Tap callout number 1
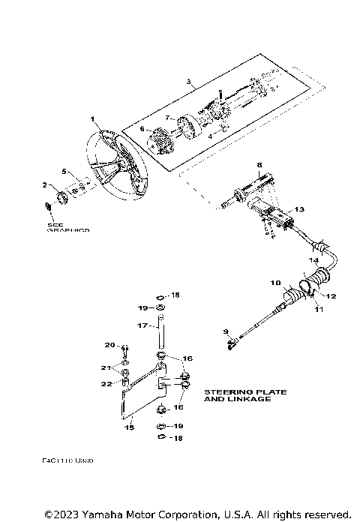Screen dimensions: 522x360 (92, 119)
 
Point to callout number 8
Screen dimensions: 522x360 (259, 164)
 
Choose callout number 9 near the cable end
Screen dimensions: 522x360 (226, 331)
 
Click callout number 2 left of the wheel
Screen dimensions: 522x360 (44, 184)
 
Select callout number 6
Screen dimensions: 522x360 (141, 129)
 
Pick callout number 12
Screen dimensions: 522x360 (331, 296)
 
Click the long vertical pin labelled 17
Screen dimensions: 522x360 (160, 330)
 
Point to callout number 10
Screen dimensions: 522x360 (275, 282)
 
